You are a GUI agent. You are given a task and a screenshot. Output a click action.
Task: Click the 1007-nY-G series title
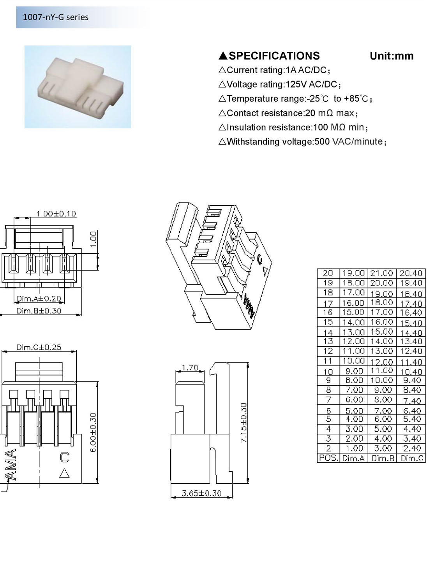(55, 17)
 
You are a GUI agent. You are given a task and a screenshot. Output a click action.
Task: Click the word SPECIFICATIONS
(274, 56)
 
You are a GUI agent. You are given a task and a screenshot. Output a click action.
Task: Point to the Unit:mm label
(392, 56)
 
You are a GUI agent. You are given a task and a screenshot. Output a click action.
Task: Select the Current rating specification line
(274, 70)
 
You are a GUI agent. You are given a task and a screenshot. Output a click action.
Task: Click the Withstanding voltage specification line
(302, 142)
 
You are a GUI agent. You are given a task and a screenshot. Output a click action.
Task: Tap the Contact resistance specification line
(288, 113)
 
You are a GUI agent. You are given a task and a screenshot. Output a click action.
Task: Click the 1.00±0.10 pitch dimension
(56, 214)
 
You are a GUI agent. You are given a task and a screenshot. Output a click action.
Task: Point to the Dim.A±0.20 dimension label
(39, 299)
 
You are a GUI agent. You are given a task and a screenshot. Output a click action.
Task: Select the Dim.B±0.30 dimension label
(39, 311)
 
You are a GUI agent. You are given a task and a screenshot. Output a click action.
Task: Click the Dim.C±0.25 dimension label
(39, 347)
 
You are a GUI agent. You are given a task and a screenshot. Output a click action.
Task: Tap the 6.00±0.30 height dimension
(94, 433)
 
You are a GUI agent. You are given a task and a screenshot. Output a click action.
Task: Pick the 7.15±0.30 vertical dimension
(243, 423)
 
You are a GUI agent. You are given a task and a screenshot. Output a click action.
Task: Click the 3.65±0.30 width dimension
(201, 493)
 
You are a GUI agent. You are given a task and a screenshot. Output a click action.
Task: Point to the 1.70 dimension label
(190, 367)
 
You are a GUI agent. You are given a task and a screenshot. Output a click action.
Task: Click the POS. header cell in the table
(328, 458)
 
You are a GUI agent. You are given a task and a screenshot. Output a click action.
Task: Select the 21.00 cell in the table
(381, 273)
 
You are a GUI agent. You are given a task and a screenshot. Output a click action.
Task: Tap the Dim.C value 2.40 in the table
(412, 448)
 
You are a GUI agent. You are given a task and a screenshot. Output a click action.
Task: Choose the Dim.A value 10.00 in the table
(353, 360)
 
